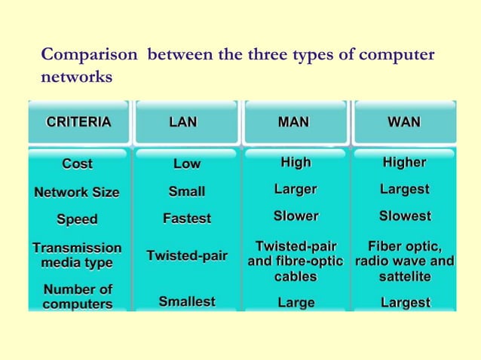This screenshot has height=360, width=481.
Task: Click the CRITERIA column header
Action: [x=78, y=122]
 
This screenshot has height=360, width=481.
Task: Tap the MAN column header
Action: [x=294, y=122]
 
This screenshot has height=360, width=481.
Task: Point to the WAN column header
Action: [x=404, y=122]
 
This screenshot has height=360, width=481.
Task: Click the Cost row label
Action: [x=77, y=163]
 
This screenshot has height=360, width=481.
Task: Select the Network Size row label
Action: [x=77, y=192]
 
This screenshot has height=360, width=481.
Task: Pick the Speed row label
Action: [x=77, y=220]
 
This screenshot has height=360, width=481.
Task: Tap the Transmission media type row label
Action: [x=77, y=255]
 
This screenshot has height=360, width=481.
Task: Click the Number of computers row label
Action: [x=78, y=297]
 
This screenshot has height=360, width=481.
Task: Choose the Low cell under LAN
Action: [x=187, y=163]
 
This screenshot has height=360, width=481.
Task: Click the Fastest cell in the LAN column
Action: [x=187, y=219]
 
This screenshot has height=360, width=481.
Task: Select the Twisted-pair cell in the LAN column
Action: [x=187, y=256]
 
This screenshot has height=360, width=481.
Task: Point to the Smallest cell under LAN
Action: [x=187, y=302]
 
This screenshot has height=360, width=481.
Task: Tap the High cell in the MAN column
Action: [x=296, y=162]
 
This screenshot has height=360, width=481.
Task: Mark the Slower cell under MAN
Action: [x=296, y=216]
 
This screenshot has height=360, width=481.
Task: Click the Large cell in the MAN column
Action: [x=296, y=303]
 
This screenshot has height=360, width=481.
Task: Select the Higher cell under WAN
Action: [x=405, y=162]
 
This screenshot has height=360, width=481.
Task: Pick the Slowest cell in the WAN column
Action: [x=405, y=216]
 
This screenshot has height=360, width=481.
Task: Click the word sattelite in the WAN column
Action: [x=405, y=277]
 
